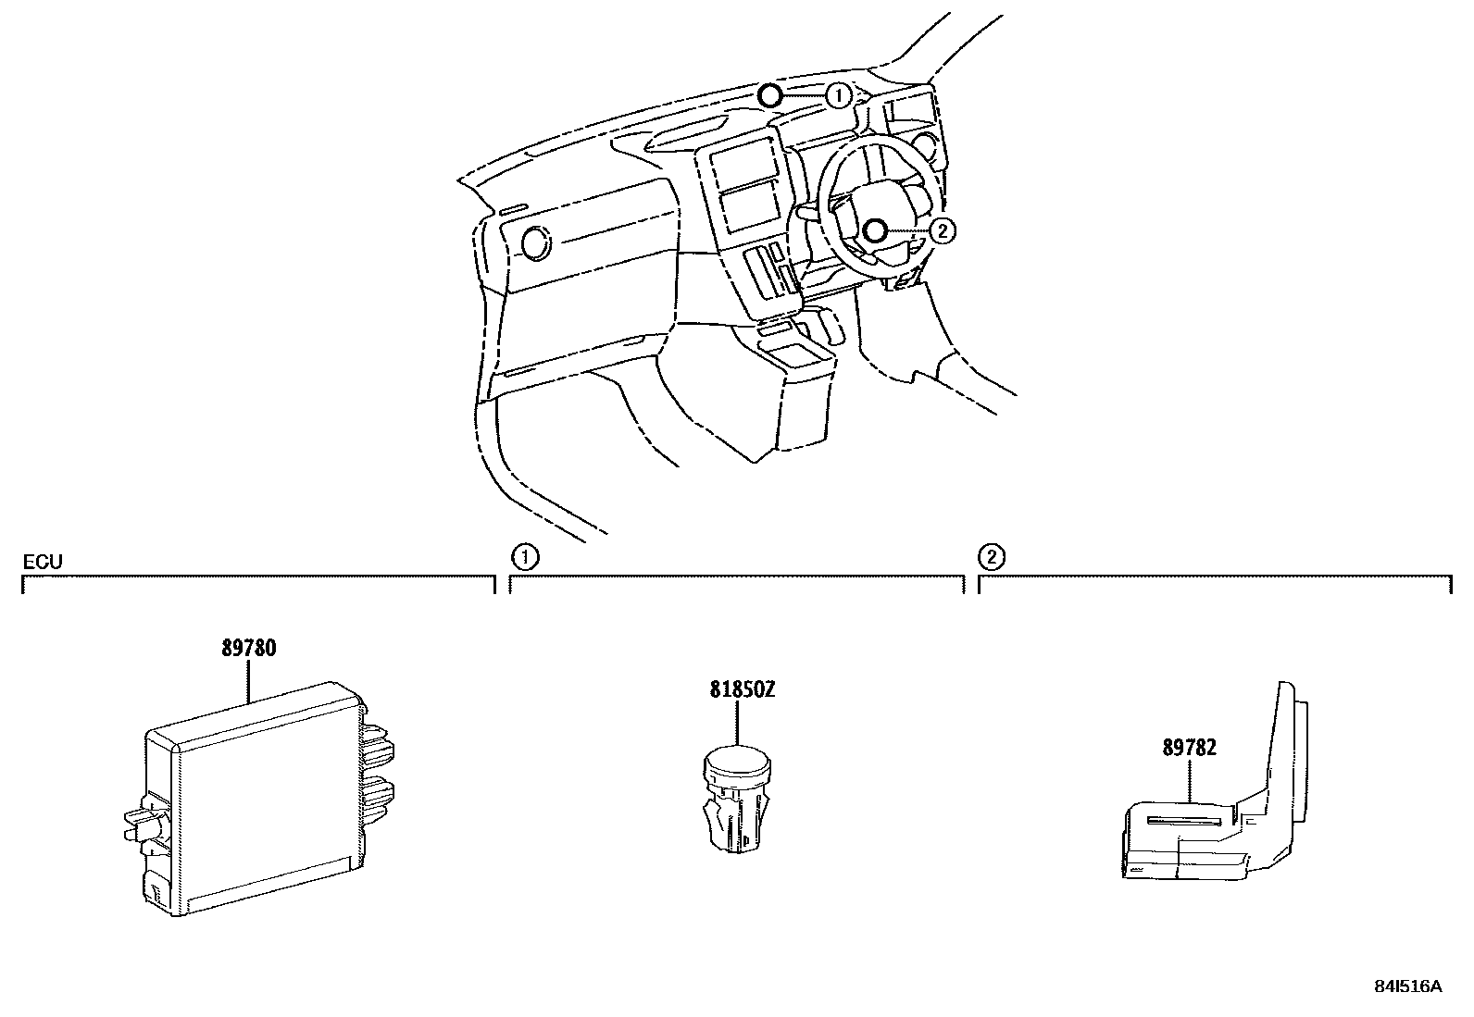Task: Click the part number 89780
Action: [248, 649]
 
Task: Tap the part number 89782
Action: [1190, 748]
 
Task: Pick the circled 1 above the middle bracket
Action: [524, 557]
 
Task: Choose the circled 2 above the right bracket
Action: [992, 557]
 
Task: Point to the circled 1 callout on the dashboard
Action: [837, 95]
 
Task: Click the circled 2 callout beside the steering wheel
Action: [941, 230]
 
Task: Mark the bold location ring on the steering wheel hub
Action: [874, 230]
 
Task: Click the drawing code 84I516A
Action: [1406, 986]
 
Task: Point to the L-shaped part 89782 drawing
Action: [1213, 814]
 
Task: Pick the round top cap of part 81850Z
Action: [737, 762]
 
